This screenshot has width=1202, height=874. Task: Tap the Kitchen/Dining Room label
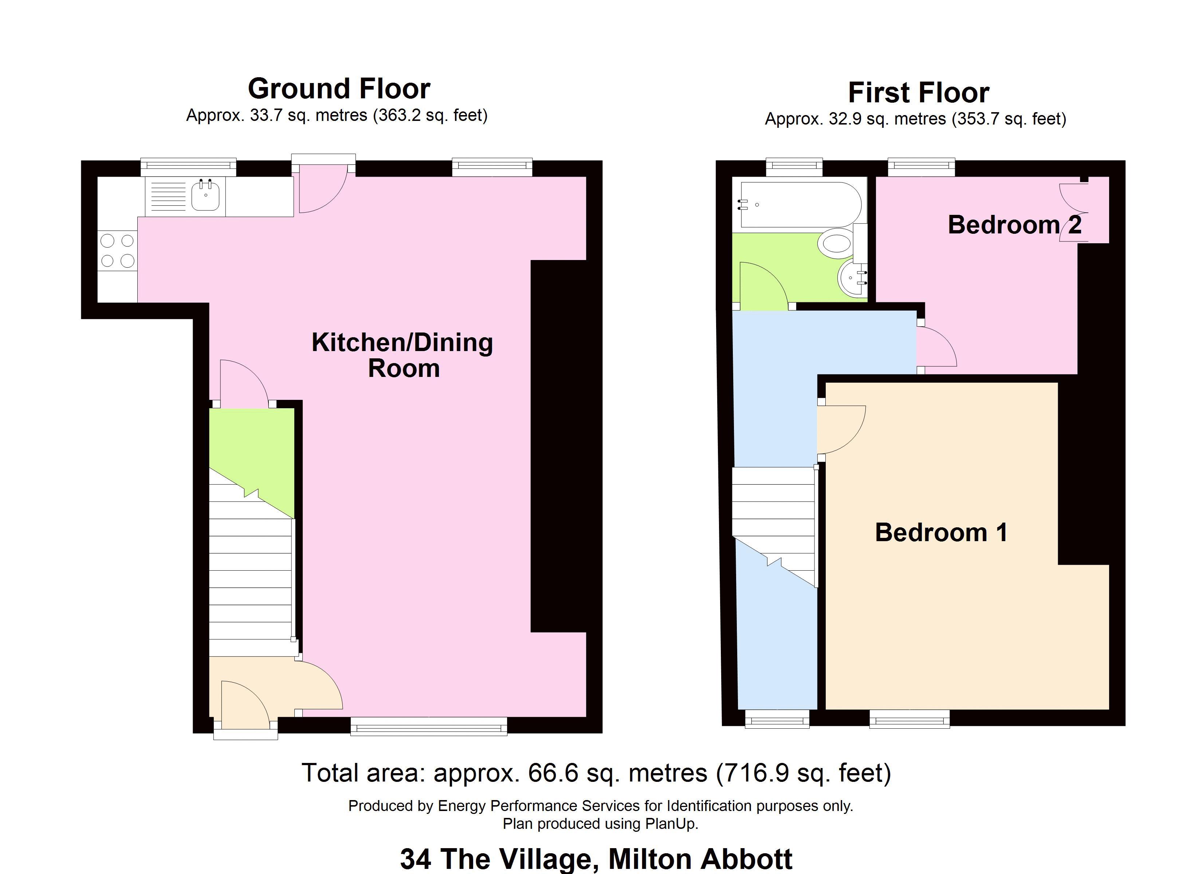pos(402,355)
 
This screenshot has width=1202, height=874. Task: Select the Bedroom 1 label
pos(941,532)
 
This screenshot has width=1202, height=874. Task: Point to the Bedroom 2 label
pos(1014,225)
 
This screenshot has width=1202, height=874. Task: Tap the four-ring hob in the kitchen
pos(117,251)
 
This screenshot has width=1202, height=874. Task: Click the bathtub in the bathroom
pos(800,205)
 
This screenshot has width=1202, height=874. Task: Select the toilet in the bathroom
pos(836,244)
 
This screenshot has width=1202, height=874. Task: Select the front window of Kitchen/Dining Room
pos(429,726)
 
